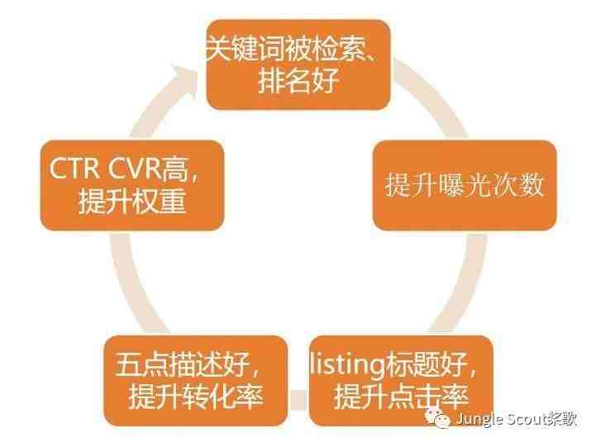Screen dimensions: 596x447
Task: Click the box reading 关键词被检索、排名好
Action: pyautogui.click(x=298, y=64)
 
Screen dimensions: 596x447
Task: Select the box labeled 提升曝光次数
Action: pyautogui.click(x=465, y=185)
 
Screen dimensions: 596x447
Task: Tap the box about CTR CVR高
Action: pyautogui.click(x=132, y=185)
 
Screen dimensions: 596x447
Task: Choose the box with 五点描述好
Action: pyautogui.click(x=195, y=381)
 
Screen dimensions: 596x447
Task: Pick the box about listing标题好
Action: pyautogui.click(x=402, y=381)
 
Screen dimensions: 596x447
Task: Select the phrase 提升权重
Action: pyautogui.click(x=132, y=201)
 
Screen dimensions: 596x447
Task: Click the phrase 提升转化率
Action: pyautogui.click(x=196, y=397)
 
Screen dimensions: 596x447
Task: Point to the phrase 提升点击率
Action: pyautogui.click(x=401, y=397)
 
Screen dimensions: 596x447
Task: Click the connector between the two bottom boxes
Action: pyautogui.click(x=298, y=400)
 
